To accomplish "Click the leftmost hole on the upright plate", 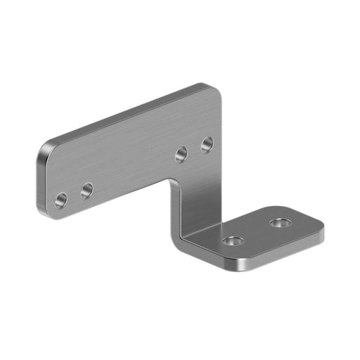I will pos(61,200).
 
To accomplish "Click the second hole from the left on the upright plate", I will pos(86,191).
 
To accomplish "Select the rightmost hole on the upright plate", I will pos(207,145).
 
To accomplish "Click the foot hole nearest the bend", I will pos(233,241).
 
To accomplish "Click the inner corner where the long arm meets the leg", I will pos(173,184).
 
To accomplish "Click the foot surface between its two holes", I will pos(257,232).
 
